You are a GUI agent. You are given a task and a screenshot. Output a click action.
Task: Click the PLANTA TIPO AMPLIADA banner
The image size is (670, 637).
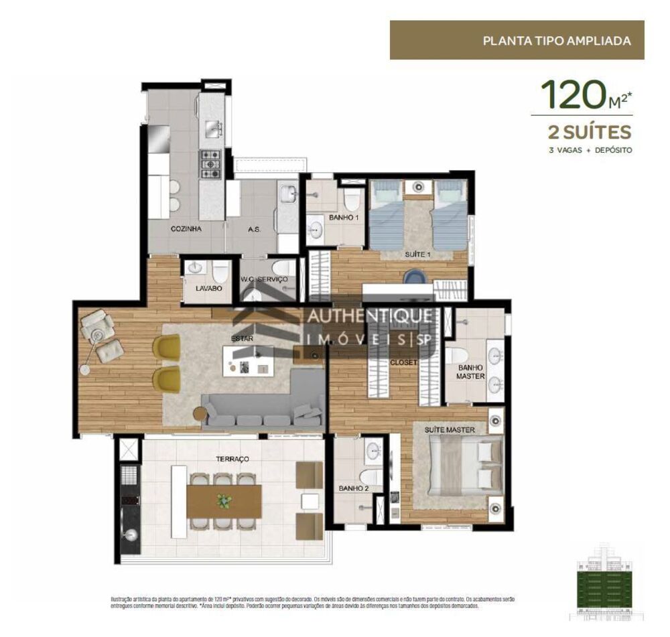(x=517, y=40)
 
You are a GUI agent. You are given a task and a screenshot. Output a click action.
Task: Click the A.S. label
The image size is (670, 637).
(x=254, y=229)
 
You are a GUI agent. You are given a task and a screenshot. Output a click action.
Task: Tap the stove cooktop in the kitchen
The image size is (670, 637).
(x=210, y=165)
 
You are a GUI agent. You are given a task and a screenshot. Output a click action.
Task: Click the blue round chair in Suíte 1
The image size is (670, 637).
(x=414, y=278)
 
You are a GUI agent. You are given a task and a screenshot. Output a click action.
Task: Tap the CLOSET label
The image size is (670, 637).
(x=403, y=362)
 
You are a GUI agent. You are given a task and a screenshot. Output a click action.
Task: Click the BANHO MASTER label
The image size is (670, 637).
(x=472, y=372)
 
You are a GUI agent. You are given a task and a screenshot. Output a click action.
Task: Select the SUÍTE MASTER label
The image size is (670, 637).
(x=450, y=429)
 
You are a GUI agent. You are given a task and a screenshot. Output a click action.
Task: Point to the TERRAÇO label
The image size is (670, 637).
(x=232, y=459)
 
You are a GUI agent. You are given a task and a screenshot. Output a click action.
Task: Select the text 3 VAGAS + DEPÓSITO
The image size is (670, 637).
(x=590, y=150)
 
